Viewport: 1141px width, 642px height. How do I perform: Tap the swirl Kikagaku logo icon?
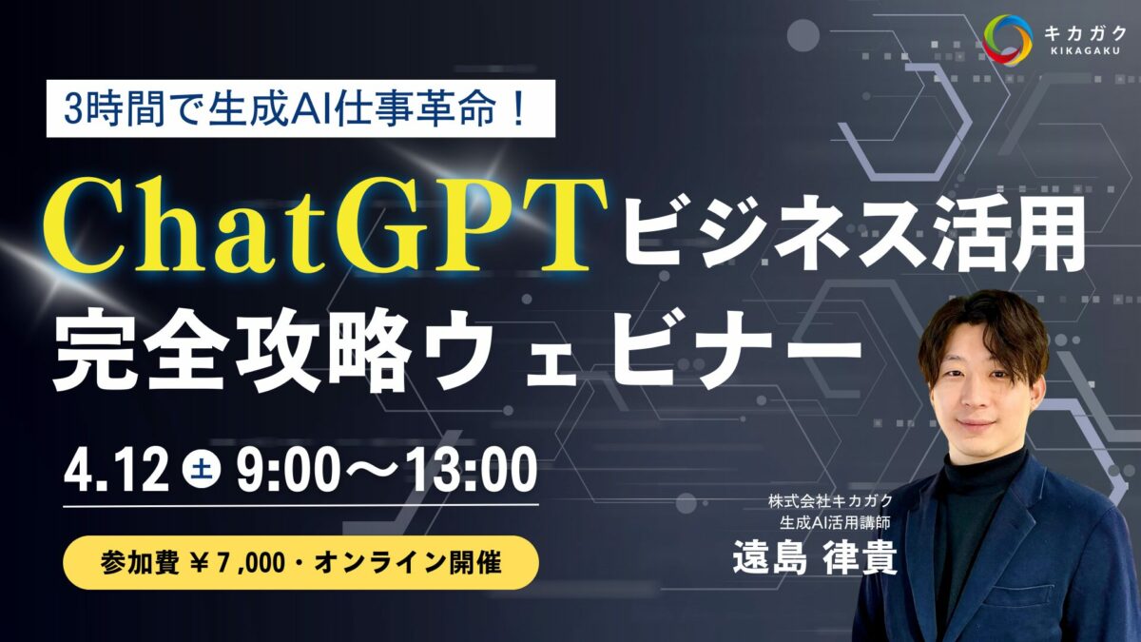tap(1008, 40)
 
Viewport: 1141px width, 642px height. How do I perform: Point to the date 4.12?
tap(116, 470)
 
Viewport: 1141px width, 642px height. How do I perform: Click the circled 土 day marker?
tap(202, 471)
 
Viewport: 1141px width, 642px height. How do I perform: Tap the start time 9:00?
tap(288, 470)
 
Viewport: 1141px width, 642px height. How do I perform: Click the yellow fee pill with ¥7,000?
tap(300, 562)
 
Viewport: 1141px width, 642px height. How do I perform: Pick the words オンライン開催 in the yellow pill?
tap(408, 563)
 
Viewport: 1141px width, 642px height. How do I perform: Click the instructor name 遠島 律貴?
tap(815, 559)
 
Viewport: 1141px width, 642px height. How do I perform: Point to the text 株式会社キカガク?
tap(830, 501)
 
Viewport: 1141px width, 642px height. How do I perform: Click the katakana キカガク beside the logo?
tap(1083, 32)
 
